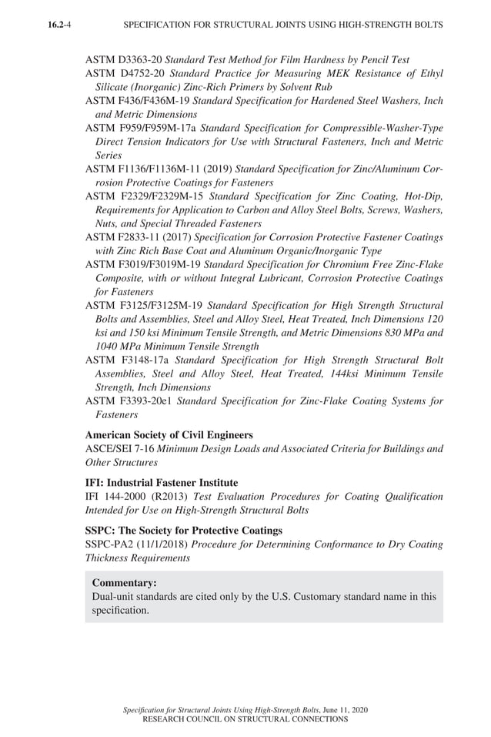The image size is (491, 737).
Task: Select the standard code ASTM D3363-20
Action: (124, 59)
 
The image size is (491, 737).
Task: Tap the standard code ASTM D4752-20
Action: (124, 73)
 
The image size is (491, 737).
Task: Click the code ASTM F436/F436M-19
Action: (137, 101)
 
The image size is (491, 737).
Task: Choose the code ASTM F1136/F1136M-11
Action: (143, 169)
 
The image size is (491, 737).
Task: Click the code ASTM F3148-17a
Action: (127, 360)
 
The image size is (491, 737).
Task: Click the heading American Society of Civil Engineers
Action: (169, 435)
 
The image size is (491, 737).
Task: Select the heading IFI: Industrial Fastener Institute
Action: (162, 483)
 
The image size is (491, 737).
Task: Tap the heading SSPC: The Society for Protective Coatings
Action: (183, 531)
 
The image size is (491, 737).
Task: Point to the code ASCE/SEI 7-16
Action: (119, 449)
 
